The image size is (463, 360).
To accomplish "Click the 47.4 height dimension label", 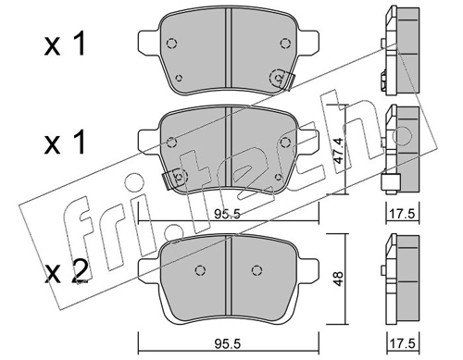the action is [x=339, y=151].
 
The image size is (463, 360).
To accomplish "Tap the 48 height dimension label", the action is [x=339, y=279].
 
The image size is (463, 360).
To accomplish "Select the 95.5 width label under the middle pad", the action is [x=227, y=214].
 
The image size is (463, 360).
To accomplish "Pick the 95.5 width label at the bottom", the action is [x=227, y=343].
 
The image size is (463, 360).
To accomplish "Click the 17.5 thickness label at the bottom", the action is [x=402, y=343].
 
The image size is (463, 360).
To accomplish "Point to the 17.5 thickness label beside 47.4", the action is [x=402, y=213].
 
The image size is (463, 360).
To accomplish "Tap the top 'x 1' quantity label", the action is [x=65, y=45].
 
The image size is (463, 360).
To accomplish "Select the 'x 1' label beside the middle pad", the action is [x=65, y=143].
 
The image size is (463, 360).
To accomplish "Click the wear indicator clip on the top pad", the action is [x=288, y=81].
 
